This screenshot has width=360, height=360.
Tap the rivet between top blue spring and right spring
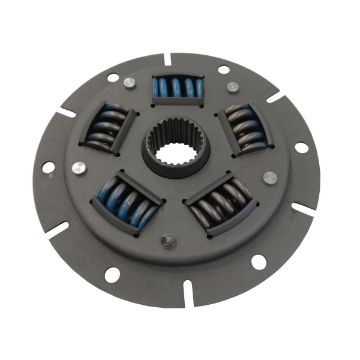(233, 87)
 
